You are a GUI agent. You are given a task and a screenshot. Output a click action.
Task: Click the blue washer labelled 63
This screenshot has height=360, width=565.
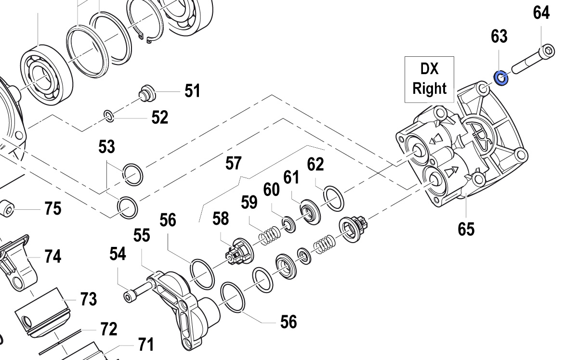(x=500, y=77)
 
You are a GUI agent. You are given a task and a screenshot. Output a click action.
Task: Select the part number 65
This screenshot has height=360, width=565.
(x=466, y=229)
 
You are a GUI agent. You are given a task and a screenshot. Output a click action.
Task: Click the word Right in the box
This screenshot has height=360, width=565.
(x=429, y=89)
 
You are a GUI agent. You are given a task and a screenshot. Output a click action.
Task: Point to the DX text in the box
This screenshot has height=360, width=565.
(x=429, y=69)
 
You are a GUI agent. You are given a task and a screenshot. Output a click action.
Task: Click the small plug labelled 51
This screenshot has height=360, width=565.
(x=147, y=92)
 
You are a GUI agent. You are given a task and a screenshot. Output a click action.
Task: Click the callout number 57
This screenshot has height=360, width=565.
(x=233, y=163)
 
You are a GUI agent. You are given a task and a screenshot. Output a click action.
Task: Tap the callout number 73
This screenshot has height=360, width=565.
(x=88, y=299)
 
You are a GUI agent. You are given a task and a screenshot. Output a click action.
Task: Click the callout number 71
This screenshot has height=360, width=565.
(x=145, y=345)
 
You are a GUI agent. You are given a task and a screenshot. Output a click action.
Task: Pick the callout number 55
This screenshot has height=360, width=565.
(x=142, y=235)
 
